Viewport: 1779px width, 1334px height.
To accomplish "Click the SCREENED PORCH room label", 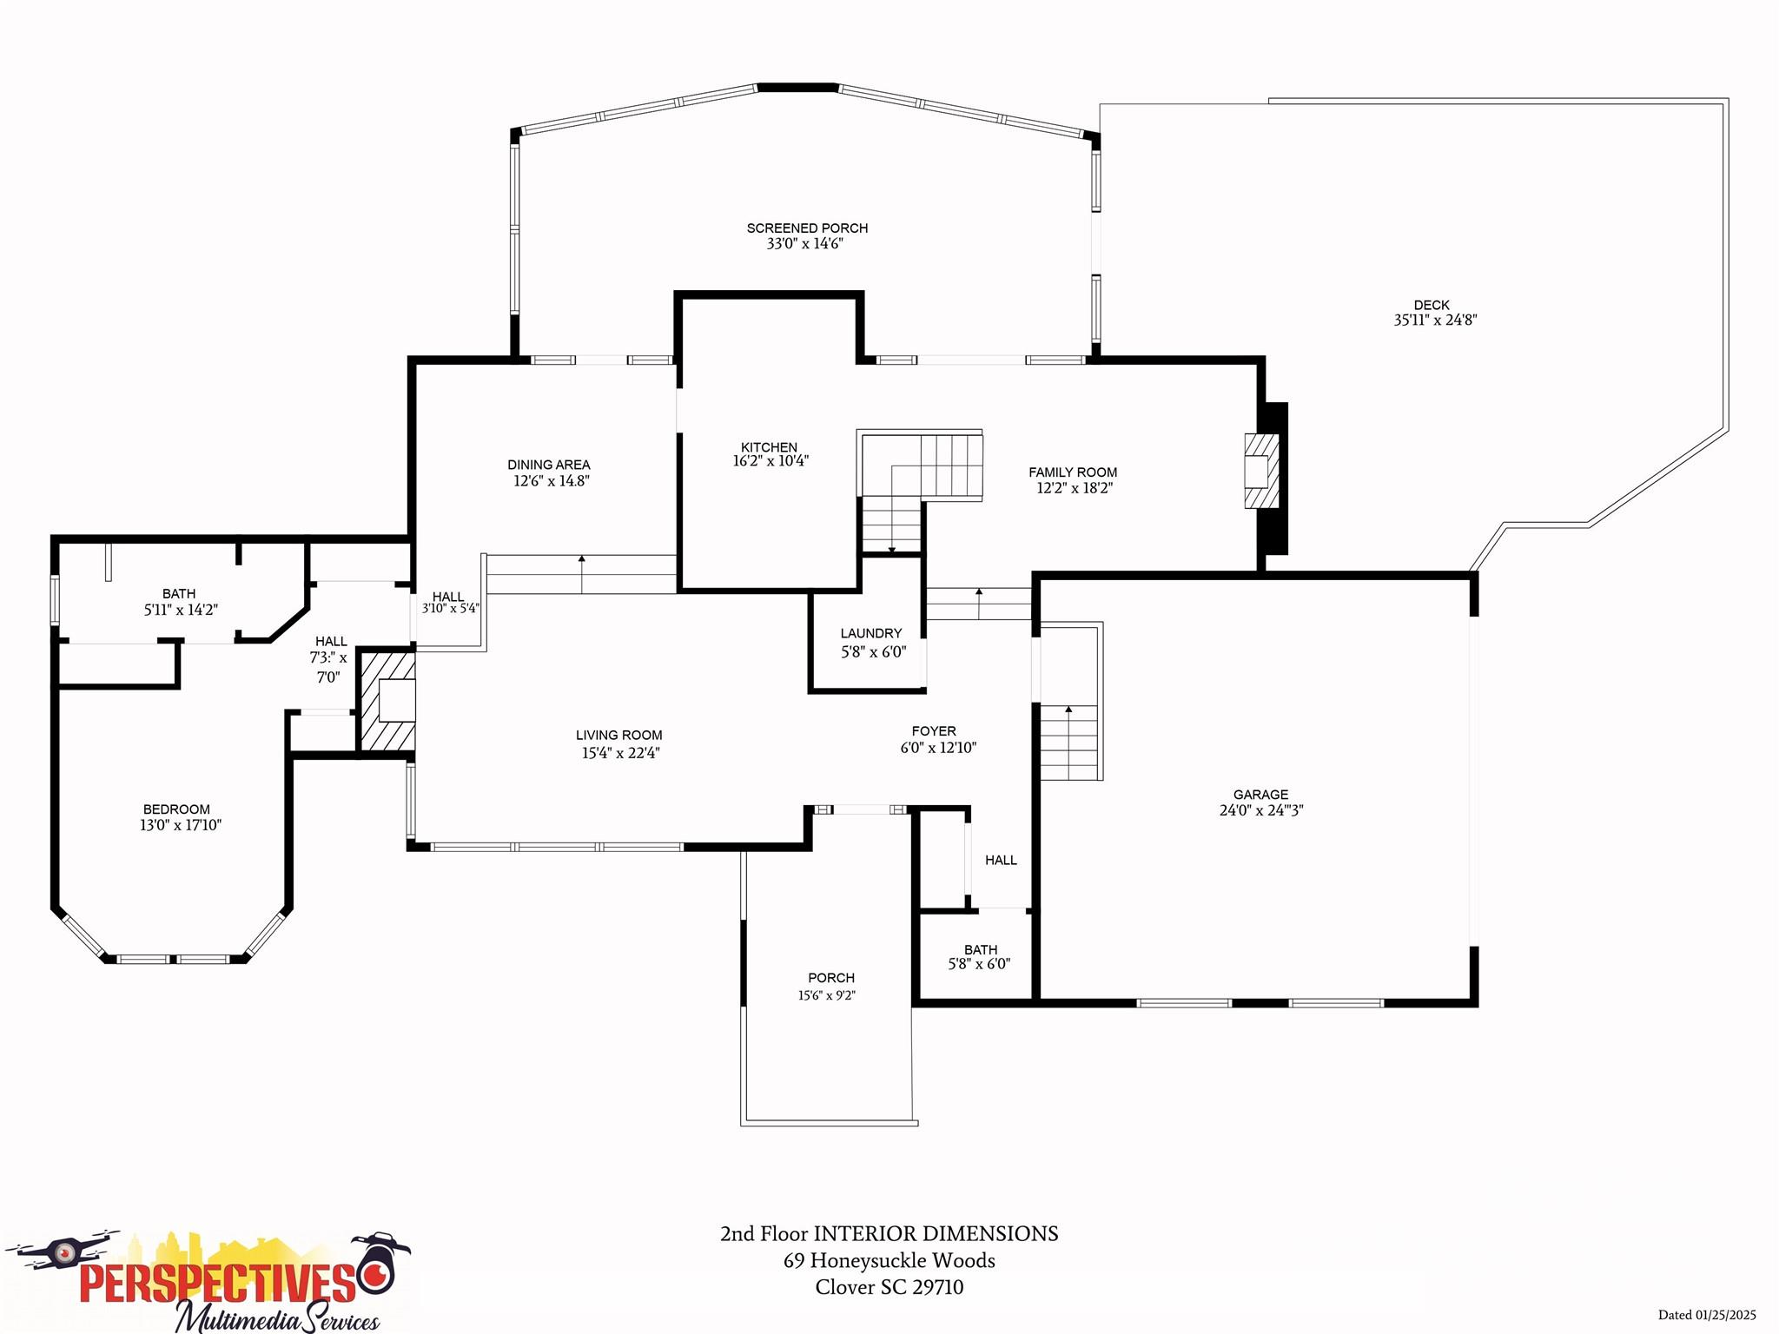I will (807, 228).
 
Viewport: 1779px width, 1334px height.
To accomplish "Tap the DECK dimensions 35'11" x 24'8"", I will (1435, 320).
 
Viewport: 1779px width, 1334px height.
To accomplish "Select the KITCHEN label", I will (769, 447).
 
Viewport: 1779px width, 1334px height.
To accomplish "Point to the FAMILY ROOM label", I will (1073, 472).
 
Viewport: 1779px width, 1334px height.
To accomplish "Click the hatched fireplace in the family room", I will (1260, 472).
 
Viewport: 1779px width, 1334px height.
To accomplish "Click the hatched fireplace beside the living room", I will (387, 702).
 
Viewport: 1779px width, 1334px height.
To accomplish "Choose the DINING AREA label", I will (549, 465).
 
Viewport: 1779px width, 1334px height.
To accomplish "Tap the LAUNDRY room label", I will (871, 633).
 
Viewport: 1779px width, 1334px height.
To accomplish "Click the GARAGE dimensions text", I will (1261, 810).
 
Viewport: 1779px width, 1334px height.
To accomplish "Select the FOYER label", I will (934, 731).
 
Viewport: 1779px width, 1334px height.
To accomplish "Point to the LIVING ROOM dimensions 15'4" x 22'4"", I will (620, 753).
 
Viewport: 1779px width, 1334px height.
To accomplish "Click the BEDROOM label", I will (176, 809).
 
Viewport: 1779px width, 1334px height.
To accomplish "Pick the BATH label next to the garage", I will (981, 949).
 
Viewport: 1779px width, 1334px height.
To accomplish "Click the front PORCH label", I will (831, 978).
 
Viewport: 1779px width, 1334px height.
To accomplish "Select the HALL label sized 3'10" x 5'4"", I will (448, 597).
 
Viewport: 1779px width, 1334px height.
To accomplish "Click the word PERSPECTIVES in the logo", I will (217, 1282).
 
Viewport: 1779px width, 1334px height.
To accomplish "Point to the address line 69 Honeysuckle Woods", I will (889, 1260).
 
